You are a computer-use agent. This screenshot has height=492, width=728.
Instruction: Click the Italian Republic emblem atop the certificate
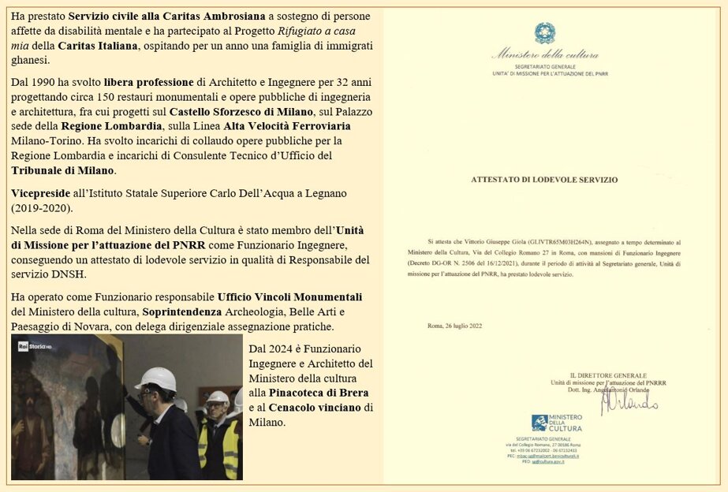click(x=544, y=33)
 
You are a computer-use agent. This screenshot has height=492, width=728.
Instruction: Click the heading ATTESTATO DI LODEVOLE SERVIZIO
click(x=544, y=179)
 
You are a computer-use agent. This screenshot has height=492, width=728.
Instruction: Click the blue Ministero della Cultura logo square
click(x=539, y=423)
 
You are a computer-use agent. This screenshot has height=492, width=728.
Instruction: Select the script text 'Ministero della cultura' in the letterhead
click(x=544, y=55)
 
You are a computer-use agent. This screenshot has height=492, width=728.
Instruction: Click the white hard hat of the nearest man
click(x=155, y=378)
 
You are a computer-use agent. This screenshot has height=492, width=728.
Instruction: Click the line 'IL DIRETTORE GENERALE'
click(x=608, y=375)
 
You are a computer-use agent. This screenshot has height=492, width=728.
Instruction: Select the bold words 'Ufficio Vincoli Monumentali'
click(x=289, y=297)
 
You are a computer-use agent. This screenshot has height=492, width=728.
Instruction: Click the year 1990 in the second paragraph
click(x=50, y=82)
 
